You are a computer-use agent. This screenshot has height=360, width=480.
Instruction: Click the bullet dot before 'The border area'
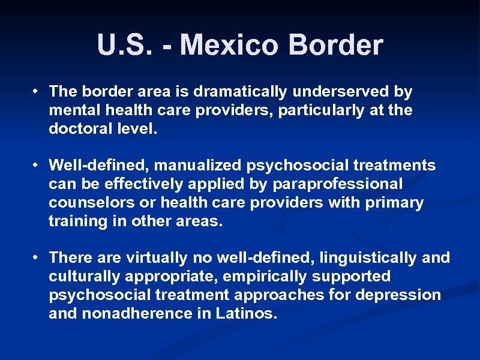coord(37,91)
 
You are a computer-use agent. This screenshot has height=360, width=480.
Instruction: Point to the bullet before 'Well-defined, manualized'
coord(37,164)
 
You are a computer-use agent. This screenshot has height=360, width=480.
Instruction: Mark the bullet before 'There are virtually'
coord(37,257)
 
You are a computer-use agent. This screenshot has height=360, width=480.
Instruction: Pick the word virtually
coord(154,258)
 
